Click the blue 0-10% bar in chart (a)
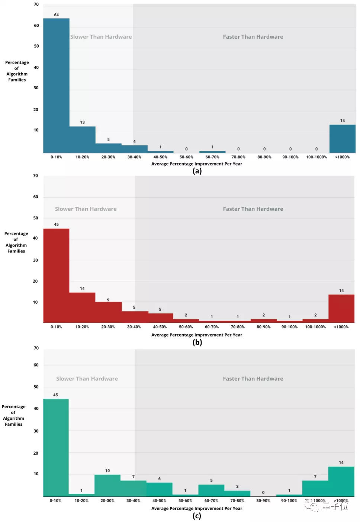(x=56, y=86)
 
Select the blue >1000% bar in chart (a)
(x=342, y=139)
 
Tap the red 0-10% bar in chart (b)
(x=56, y=275)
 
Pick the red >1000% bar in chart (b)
(x=341, y=309)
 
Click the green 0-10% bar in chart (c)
(x=56, y=448)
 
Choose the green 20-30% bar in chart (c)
(x=107, y=485)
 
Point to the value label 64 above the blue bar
(x=57, y=15)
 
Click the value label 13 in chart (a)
(x=82, y=122)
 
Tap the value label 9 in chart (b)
(x=108, y=300)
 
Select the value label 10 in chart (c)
(x=107, y=471)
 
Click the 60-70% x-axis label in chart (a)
(x=212, y=157)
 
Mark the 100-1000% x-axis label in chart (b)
(x=315, y=327)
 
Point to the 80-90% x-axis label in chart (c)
(x=263, y=501)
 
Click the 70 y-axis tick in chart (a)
(x=36, y=4)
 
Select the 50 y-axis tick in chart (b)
(x=36, y=218)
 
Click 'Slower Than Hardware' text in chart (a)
(x=101, y=37)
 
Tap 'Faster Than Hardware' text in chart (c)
(x=253, y=379)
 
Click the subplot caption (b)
(x=197, y=342)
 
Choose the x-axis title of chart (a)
(x=196, y=164)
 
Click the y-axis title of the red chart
(x=16, y=242)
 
